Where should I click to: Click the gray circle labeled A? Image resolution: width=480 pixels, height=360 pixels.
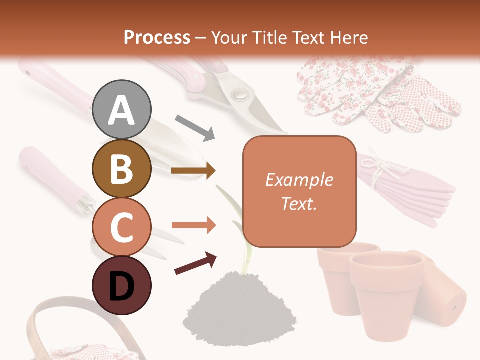click(122, 109)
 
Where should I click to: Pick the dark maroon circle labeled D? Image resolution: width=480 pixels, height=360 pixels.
click(122, 285)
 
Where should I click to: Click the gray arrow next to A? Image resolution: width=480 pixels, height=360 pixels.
click(195, 127)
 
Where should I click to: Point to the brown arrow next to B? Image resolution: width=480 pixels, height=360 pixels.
click(193, 171)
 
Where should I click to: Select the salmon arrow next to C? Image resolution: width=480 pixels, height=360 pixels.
click(193, 226)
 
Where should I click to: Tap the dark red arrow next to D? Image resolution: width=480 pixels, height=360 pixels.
click(195, 263)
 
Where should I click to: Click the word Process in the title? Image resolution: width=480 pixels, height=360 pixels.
click(157, 37)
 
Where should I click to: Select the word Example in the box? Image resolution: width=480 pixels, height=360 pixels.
click(299, 180)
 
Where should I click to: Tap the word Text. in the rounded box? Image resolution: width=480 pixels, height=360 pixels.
click(299, 203)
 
